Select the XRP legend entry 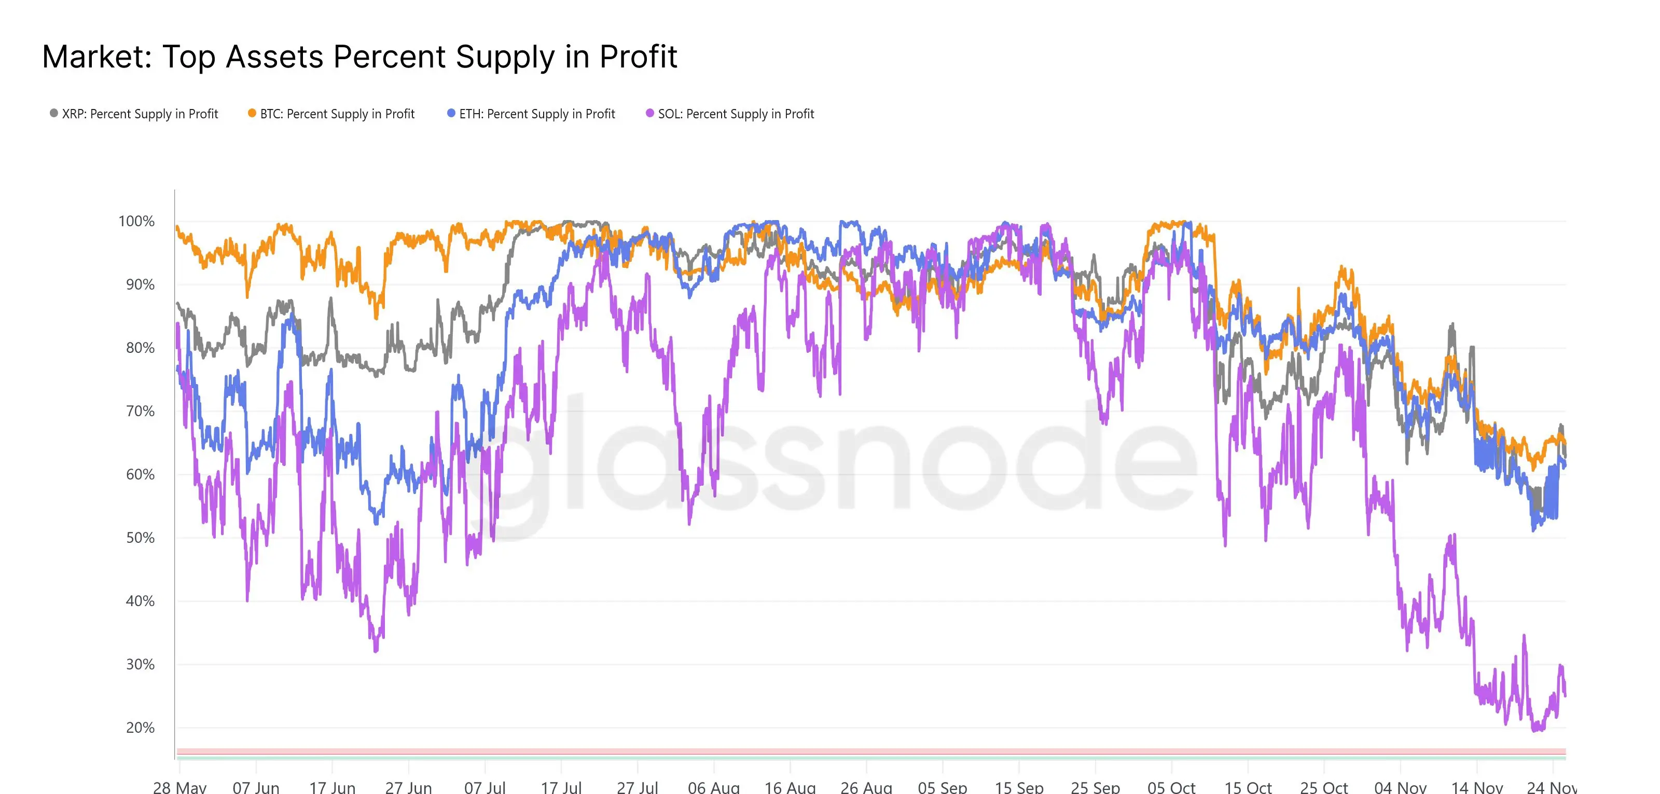[x=134, y=114]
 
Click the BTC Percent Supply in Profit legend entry [x=331, y=114]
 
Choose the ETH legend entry [x=531, y=114]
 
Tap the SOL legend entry [x=730, y=114]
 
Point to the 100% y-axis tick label [x=136, y=221]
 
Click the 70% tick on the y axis [x=140, y=411]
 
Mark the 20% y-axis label [x=140, y=728]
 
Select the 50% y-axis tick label [x=140, y=538]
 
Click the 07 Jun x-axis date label [x=256, y=787]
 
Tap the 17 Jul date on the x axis [x=561, y=787]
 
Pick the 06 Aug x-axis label [x=713, y=787]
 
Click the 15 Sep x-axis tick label [x=1019, y=787]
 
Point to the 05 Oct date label [x=1171, y=787]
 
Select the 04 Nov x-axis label [x=1400, y=787]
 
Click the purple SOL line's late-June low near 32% [x=376, y=650]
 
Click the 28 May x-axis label [x=180, y=787]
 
